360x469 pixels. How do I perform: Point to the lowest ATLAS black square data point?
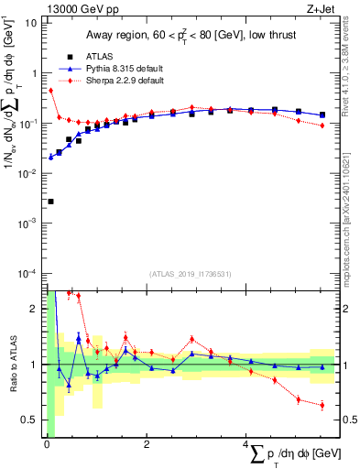[50, 202]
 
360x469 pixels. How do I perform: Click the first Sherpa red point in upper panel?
[50, 91]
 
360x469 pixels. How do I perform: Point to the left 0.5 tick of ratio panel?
[33, 420]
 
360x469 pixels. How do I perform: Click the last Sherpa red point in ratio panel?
[322, 405]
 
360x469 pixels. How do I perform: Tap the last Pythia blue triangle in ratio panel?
[322, 367]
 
